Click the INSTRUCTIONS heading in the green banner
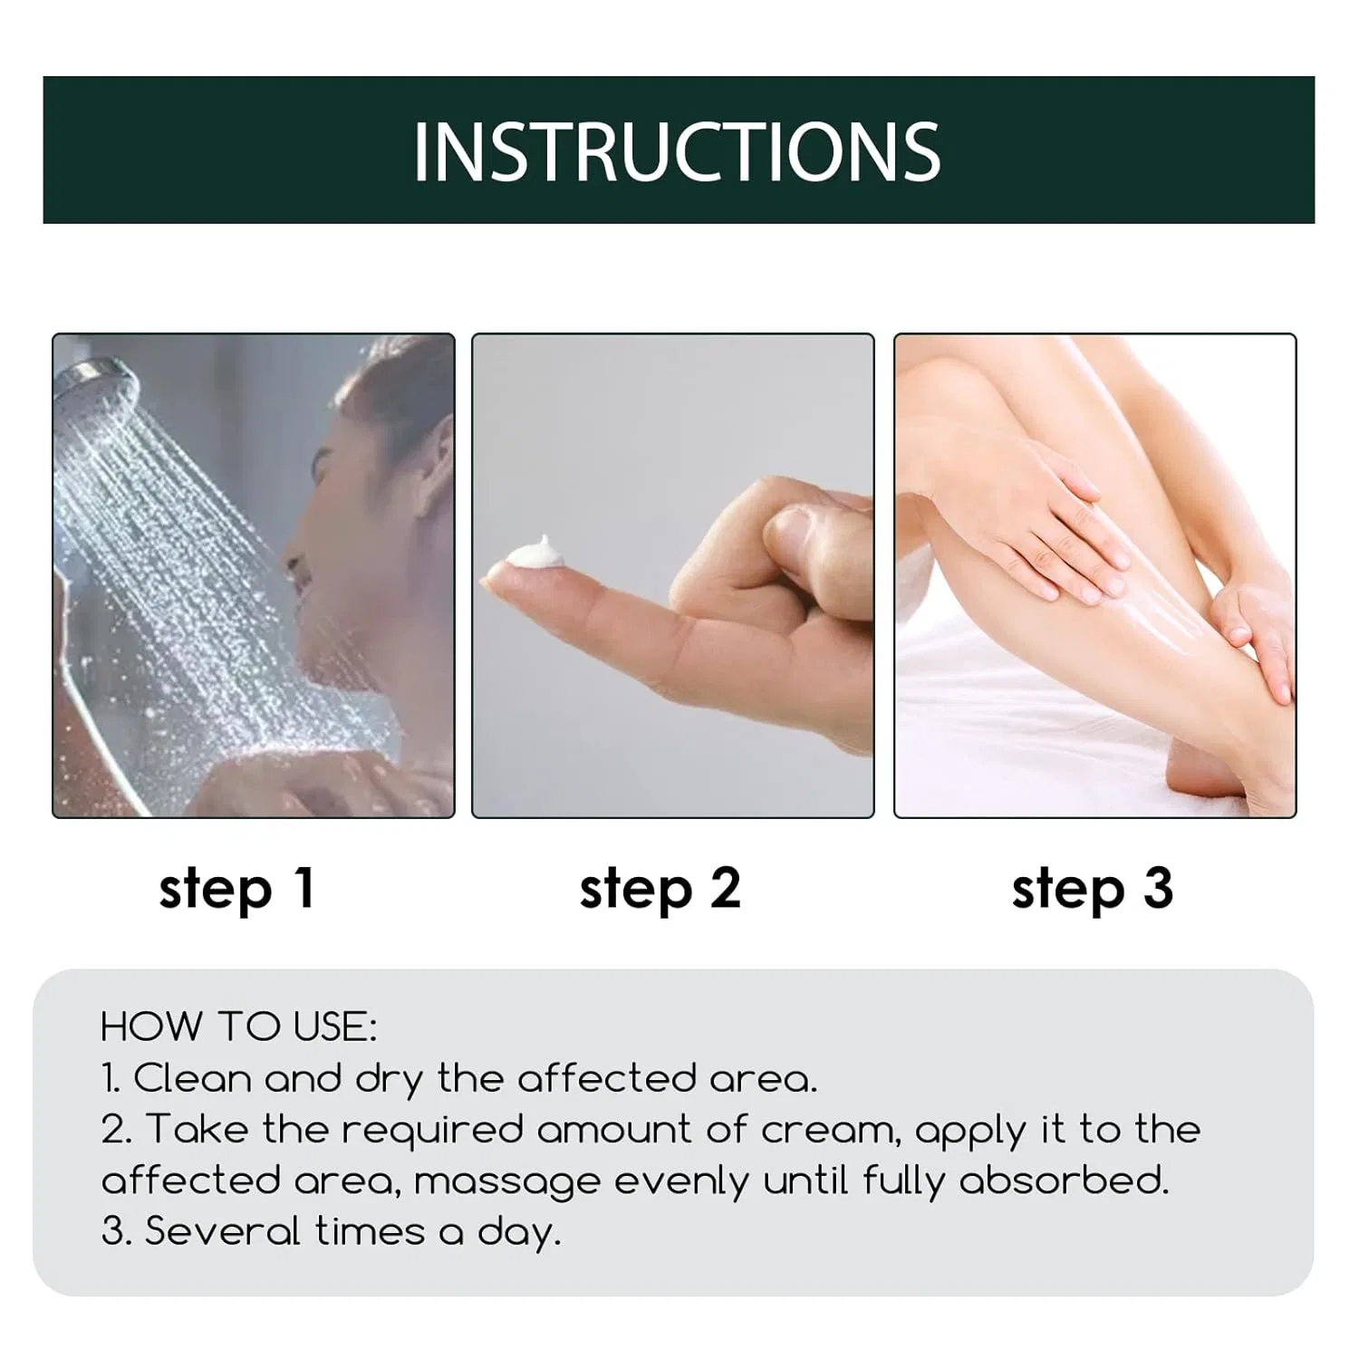(x=677, y=150)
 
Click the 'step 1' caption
(x=237, y=889)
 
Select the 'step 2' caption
(x=660, y=889)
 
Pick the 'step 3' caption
(x=1093, y=889)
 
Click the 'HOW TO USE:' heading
(x=238, y=1026)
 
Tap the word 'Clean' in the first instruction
(x=193, y=1078)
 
